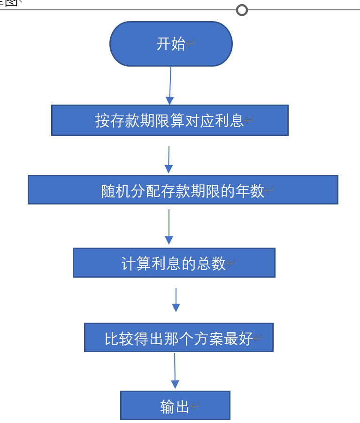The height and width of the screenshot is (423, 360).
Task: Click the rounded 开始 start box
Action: (171, 44)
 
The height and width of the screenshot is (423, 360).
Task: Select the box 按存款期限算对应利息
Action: (169, 121)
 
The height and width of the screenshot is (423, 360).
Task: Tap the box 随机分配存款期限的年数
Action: (183, 189)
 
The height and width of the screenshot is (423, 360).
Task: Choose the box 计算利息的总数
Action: (174, 263)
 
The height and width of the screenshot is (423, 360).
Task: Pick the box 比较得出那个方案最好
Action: (178, 337)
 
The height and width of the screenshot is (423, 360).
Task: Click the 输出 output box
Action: (175, 406)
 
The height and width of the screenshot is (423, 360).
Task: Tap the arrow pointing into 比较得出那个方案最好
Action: (176, 300)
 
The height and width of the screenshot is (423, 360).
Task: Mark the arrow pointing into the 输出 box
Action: (175, 370)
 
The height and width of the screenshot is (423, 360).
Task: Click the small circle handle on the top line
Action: (242, 10)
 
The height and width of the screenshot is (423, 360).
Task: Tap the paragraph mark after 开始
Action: (191, 44)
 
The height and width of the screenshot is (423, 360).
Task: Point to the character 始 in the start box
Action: (178, 44)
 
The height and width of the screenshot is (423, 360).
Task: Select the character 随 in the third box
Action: (109, 191)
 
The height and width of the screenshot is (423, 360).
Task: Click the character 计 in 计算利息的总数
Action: (129, 264)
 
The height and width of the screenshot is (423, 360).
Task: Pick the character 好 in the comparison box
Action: (245, 338)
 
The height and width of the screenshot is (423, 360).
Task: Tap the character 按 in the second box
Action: (102, 121)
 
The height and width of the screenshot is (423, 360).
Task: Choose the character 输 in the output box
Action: (167, 407)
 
